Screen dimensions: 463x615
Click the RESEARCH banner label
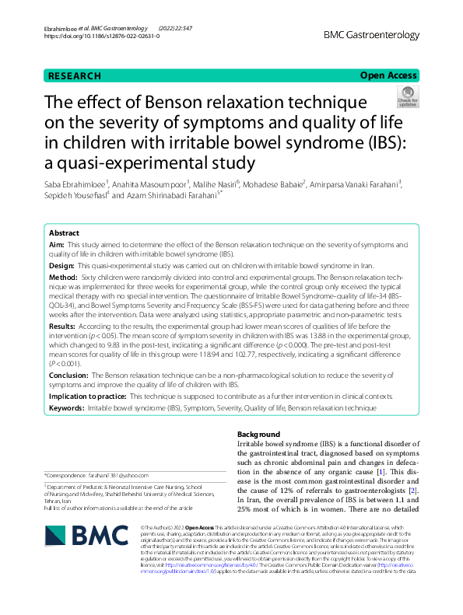click(x=74, y=75)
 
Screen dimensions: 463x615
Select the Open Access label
click(x=388, y=75)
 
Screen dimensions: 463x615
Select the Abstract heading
click(x=64, y=233)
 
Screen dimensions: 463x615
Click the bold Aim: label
click(x=57, y=245)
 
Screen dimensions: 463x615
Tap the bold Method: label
click(x=64, y=278)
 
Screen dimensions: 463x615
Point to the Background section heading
click(x=258, y=434)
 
